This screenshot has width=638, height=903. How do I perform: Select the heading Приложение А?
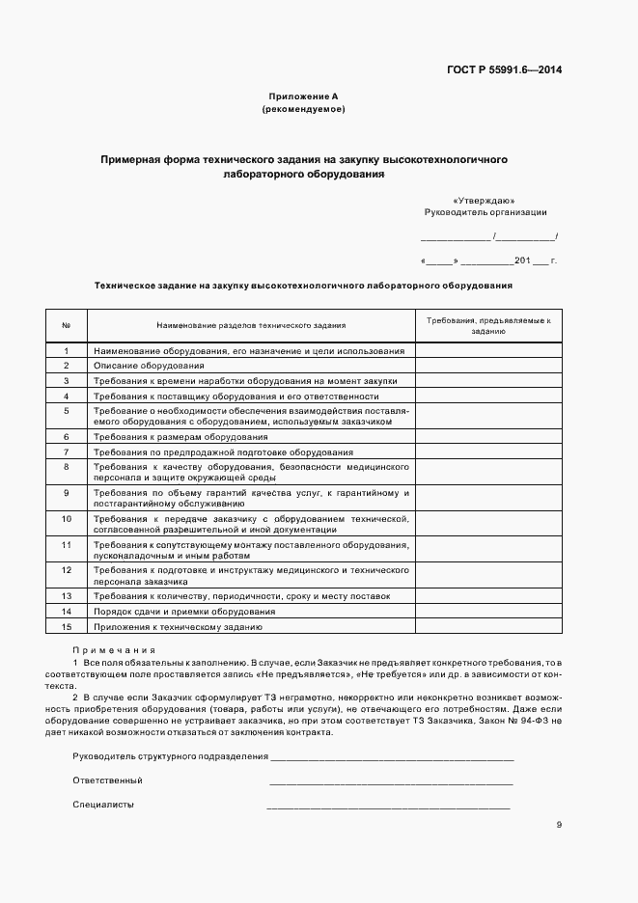pos(304,96)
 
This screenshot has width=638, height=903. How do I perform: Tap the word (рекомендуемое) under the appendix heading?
pos(304,110)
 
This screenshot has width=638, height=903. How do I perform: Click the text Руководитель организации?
pos(485,211)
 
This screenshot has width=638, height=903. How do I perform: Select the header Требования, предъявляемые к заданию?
pos(488,324)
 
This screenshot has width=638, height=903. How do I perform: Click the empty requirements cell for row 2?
pos(488,366)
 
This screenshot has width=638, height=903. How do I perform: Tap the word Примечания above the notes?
pos(114,650)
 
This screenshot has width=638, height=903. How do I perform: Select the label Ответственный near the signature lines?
pos(107,780)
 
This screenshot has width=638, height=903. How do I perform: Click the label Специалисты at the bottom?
pos(103,804)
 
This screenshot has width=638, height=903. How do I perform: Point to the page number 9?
pos(559,824)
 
